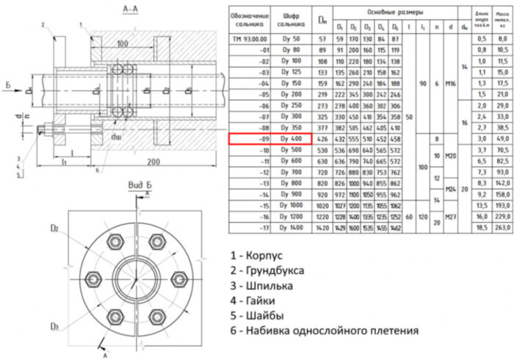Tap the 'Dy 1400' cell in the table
point(290,207)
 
